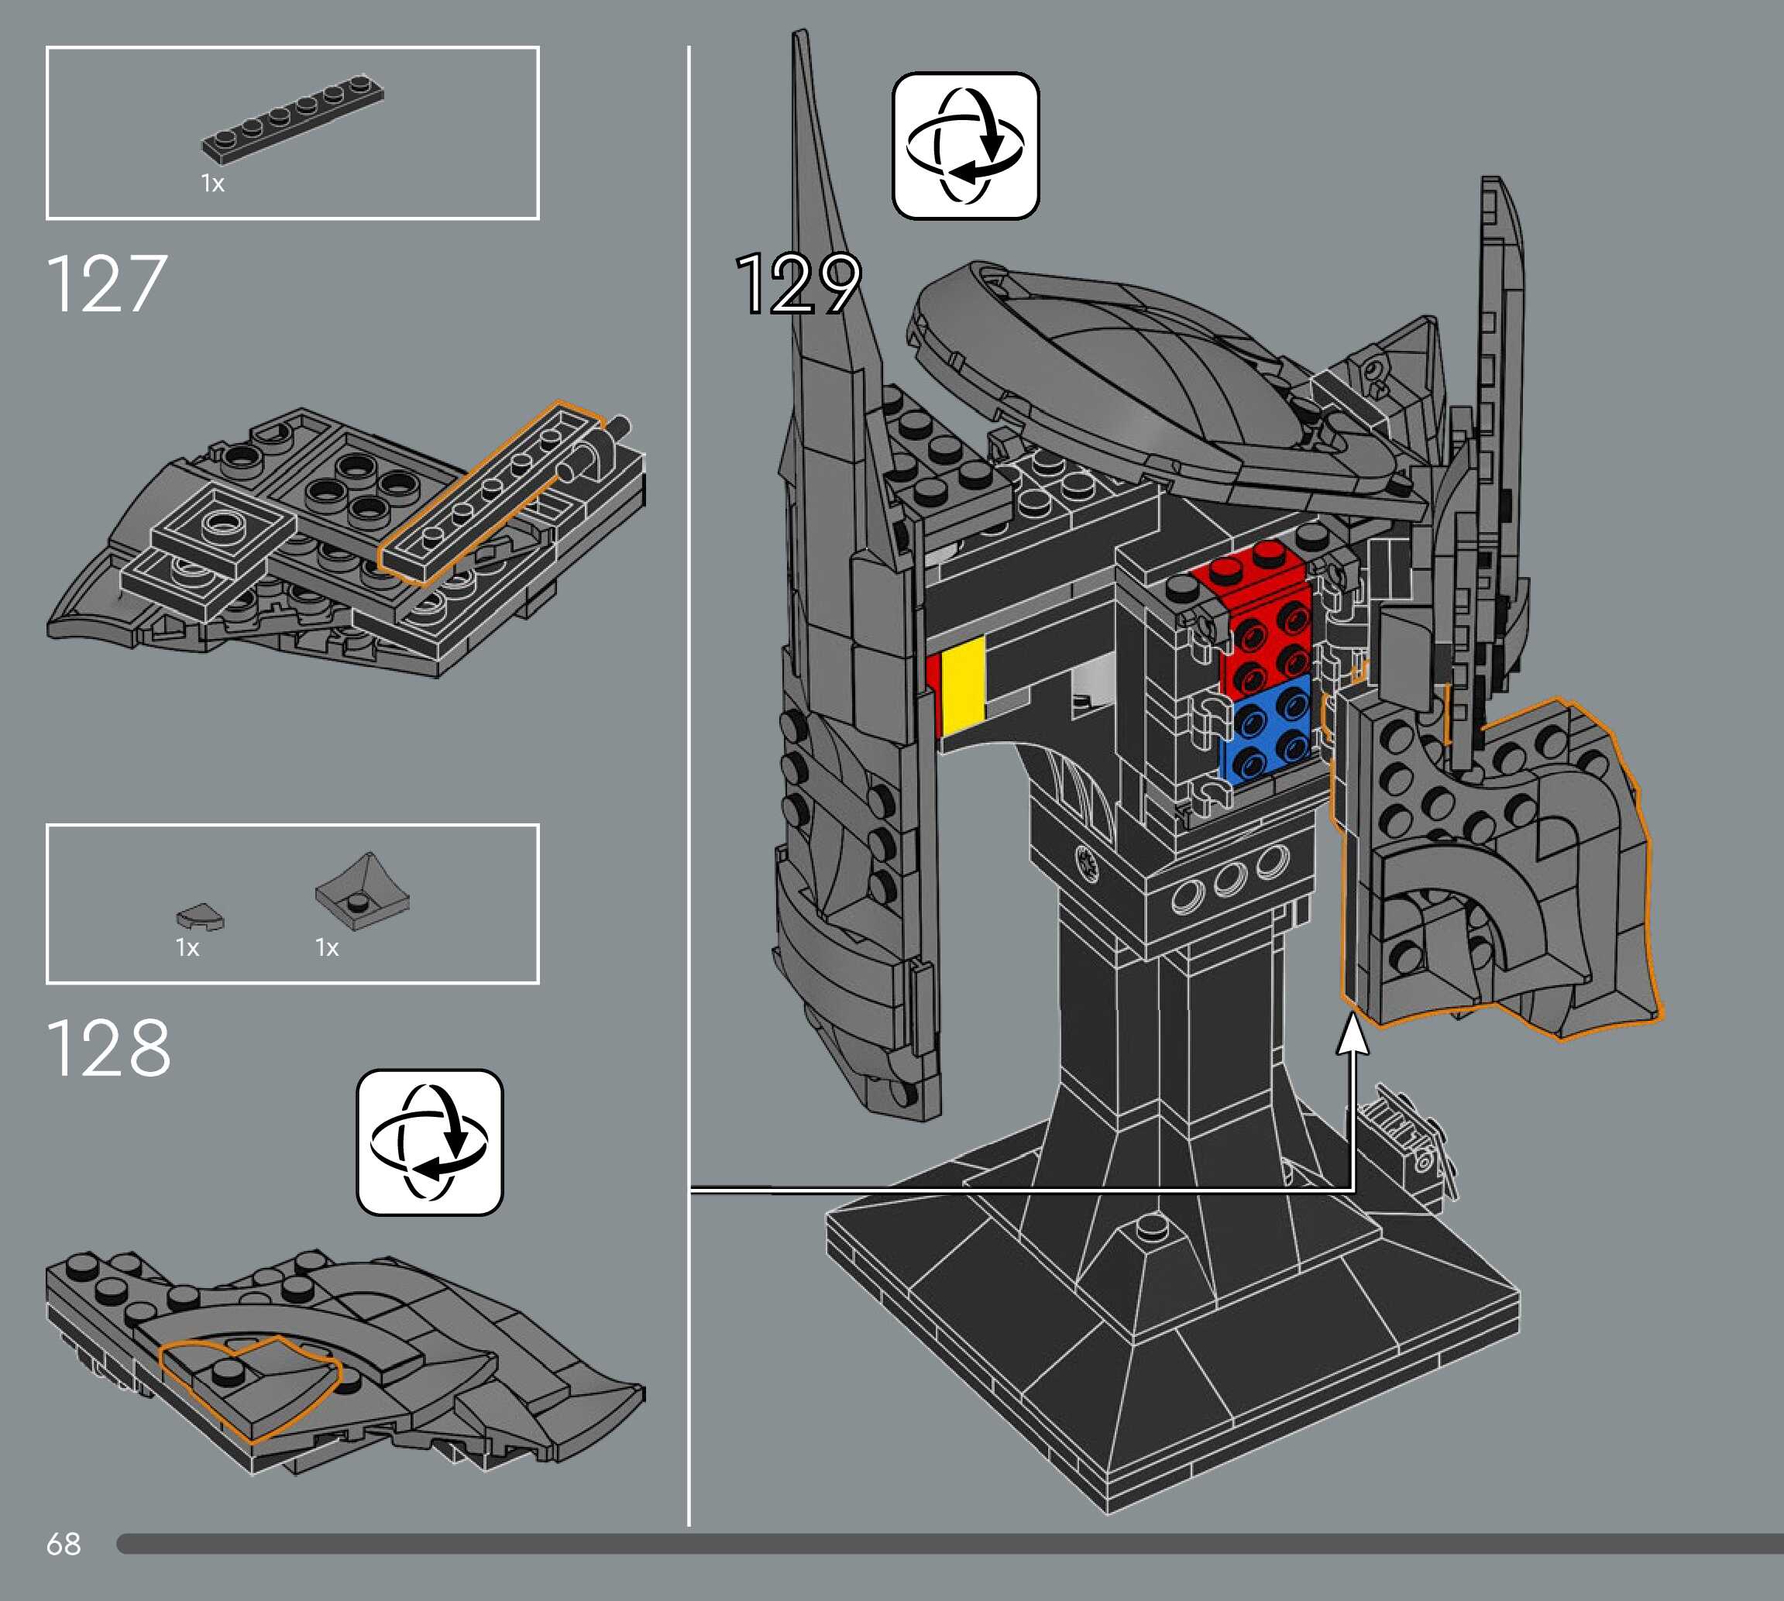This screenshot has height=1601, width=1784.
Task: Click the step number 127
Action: (x=105, y=283)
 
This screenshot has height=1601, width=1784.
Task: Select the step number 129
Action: (x=798, y=283)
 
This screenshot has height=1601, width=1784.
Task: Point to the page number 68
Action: (x=64, y=1543)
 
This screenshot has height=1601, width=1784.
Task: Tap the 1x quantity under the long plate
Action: (x=213, y=183)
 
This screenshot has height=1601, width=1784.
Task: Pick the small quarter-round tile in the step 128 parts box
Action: (x=201, y=919)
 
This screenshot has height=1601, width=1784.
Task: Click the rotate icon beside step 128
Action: (x=429, y=1142)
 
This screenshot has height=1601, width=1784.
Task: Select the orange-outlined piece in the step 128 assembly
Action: (x=251, y=1387)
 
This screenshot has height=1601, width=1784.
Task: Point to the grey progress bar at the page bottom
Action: (x=950, y=1543)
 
